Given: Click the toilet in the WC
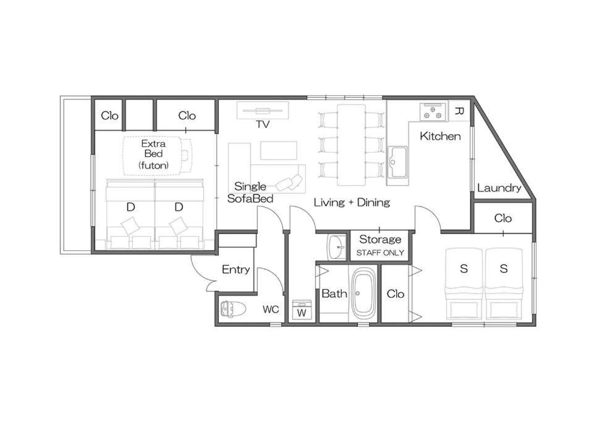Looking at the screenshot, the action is point(230,310).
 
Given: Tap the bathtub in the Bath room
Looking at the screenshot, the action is point(363,293).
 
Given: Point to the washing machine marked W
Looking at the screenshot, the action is point(302,310).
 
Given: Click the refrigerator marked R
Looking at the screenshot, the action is point(460,111).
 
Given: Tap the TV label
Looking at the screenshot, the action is point(263,124).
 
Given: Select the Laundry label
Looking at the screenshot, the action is point(499,188).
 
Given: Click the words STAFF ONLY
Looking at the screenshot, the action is point(380,253).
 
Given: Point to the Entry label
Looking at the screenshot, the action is point(235,269).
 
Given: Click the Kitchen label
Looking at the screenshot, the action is point(440,136).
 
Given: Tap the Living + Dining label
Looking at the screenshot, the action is point(352,202).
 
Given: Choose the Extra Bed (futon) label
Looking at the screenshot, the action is point(153,154).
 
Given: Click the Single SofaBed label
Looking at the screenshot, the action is point(250,192).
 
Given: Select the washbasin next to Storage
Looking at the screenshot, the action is point(337,247).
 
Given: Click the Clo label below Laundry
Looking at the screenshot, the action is point(502,218).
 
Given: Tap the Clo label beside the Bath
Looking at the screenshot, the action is point(395,293).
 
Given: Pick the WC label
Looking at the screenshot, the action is point(271,310).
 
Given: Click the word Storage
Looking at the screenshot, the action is point(380,239).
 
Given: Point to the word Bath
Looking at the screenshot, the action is point(334,293).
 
